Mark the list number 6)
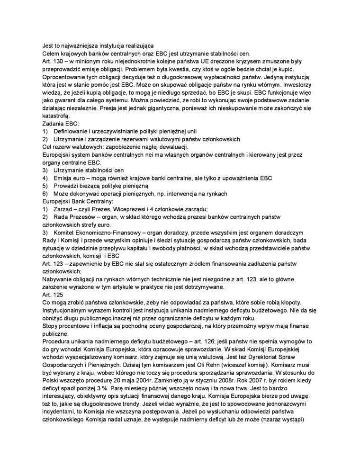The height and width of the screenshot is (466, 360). (x=45, y=193)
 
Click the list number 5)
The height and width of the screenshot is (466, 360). (x=45, y=185)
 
